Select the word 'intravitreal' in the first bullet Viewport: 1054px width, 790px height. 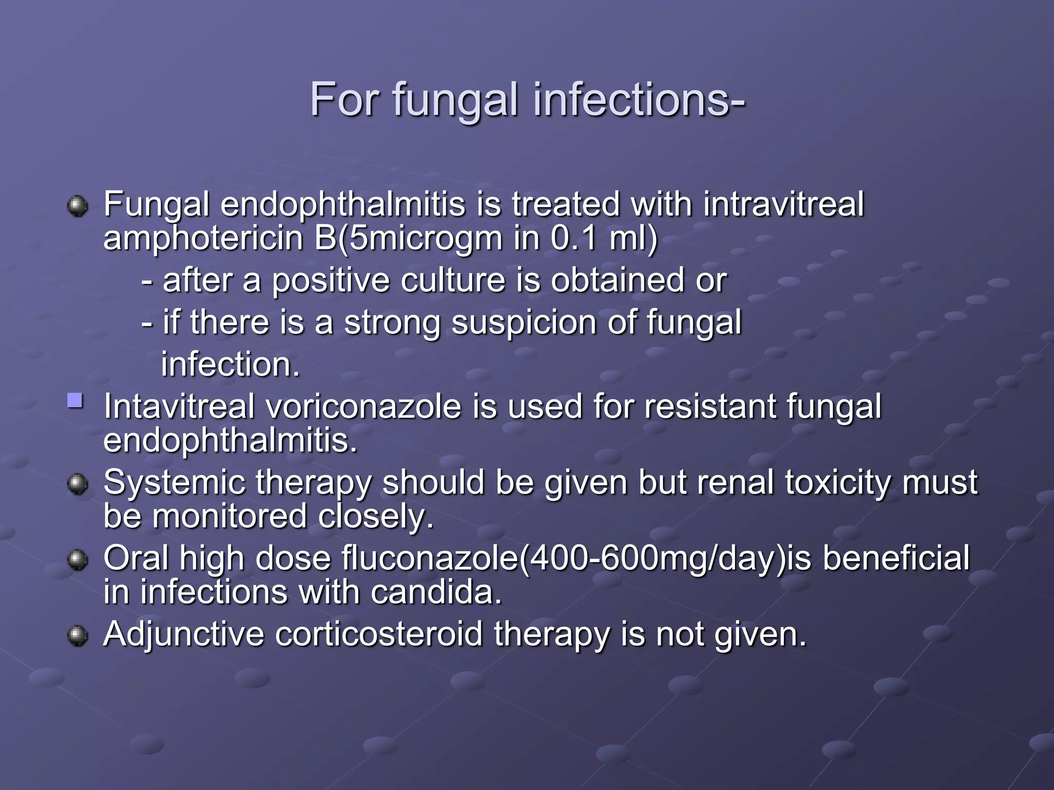click(783, 205)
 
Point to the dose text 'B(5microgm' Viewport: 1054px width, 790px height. click(409, 238)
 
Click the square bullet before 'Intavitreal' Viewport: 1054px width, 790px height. click(75, 401)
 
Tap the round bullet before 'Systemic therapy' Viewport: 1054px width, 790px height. click(78, 483)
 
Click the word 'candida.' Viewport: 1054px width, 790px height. click(436, 592)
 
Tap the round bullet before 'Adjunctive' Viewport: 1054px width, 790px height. click(78, 635)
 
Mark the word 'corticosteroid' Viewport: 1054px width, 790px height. click(378, 634)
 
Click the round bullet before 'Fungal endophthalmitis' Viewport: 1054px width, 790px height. click(78, 206)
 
